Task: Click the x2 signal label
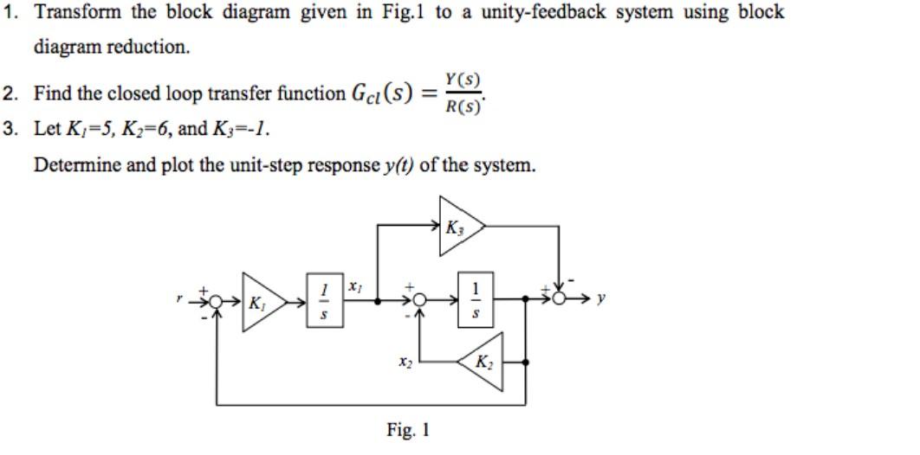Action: [x=405, y=363]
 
